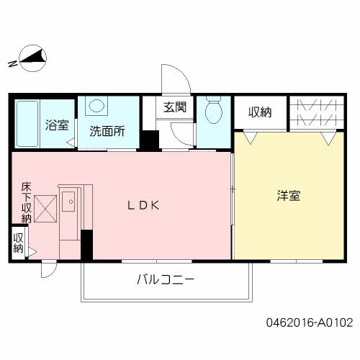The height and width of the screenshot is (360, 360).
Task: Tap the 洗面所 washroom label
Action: [107, 132]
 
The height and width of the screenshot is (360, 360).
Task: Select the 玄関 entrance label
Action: [174, 108]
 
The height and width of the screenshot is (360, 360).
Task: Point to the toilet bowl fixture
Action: [213, 112]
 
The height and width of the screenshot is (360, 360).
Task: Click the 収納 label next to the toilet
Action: [260, 112]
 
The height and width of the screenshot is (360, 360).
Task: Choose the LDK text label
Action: [143, 204]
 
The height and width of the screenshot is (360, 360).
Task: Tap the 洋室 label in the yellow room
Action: [289, 195]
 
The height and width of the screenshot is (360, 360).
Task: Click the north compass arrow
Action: [32, 58]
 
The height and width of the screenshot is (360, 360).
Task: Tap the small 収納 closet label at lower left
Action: [18, 243]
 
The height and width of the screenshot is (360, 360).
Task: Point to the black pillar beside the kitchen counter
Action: [87, 246]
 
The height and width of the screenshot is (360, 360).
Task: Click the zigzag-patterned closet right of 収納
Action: [315, 112]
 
